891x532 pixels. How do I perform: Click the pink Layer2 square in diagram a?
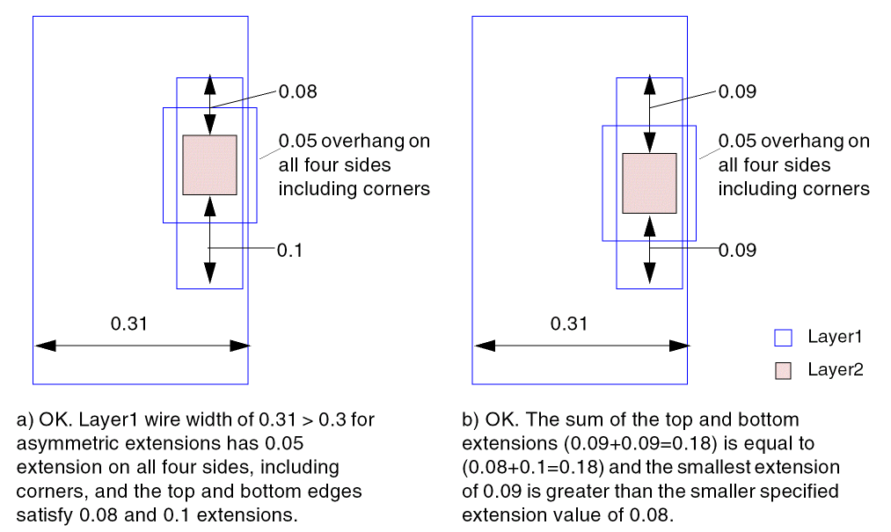(x=209, y=164)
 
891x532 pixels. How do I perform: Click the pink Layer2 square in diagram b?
(x=649, y=183)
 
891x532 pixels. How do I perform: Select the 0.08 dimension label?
(x=297, y=91)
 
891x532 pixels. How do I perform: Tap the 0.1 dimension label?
(x=289, y=251)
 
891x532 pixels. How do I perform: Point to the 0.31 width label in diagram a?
(x=128, y=324)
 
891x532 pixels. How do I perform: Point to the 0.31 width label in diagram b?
(x=568, y=324)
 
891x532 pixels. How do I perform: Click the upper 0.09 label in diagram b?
(x=737, y=91)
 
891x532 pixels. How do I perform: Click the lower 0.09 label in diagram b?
(x=737, y=251)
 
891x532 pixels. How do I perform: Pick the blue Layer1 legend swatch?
(x=783, y=337)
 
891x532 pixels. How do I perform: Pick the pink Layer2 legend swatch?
(x=783, y=371)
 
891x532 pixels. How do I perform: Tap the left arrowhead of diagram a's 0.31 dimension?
(x=42, y=346)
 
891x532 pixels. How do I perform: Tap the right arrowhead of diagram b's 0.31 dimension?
(x=679, y=346)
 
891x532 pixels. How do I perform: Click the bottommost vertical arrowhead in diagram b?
(x=649, y=275)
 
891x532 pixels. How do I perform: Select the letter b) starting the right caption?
(x=470, y=420)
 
